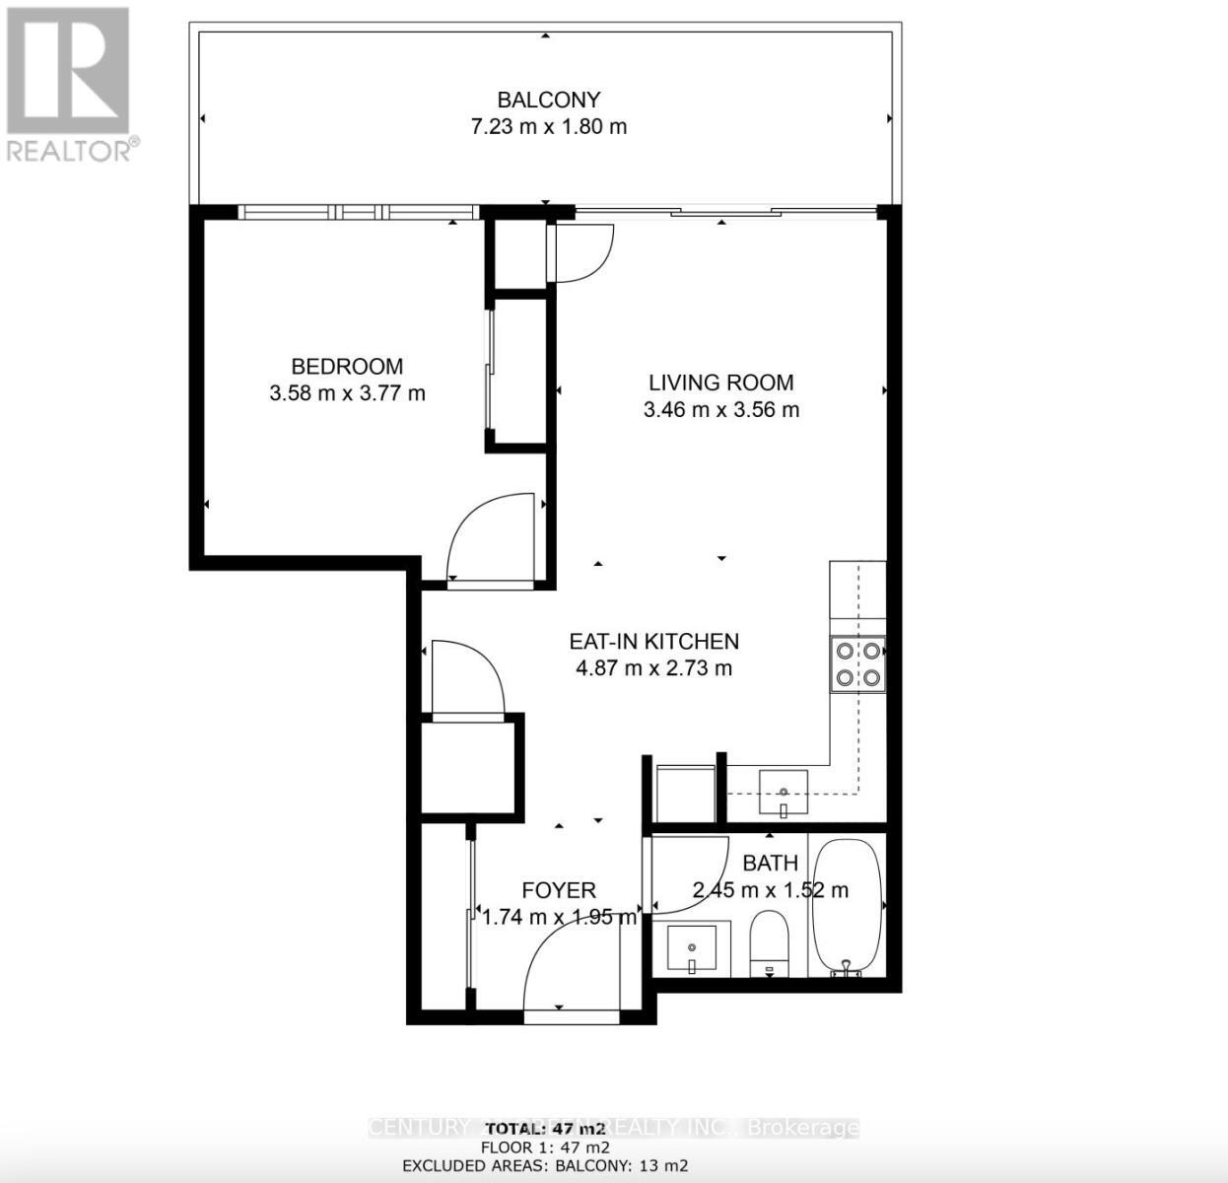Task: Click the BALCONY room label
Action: click(x=548, y=100)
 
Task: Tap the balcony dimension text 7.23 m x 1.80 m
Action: click(x=548, y=126)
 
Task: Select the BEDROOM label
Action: click(x=347, y=367)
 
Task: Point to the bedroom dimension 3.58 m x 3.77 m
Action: click(x=347, y=393)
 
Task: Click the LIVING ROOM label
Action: click(x=720, y=383)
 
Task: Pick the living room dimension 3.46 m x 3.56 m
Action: click(x=720, y=409)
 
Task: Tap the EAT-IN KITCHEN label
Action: click(x=653, y=641)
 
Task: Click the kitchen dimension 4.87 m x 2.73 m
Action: click(x=653, y=668)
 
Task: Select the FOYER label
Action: click(x=559, y=890)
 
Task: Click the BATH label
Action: click(x=770, y=864)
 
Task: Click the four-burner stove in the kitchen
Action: click(x=857, y=663)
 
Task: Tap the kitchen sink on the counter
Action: click(x=784, y=793)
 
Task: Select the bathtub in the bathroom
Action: click(x=847, y=907)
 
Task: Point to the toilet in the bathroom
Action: click(x=769, y=942)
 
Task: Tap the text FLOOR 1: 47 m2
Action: click(x=544, y=1148)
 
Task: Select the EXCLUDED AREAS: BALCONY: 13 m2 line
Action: click(x=544, y=1166)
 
